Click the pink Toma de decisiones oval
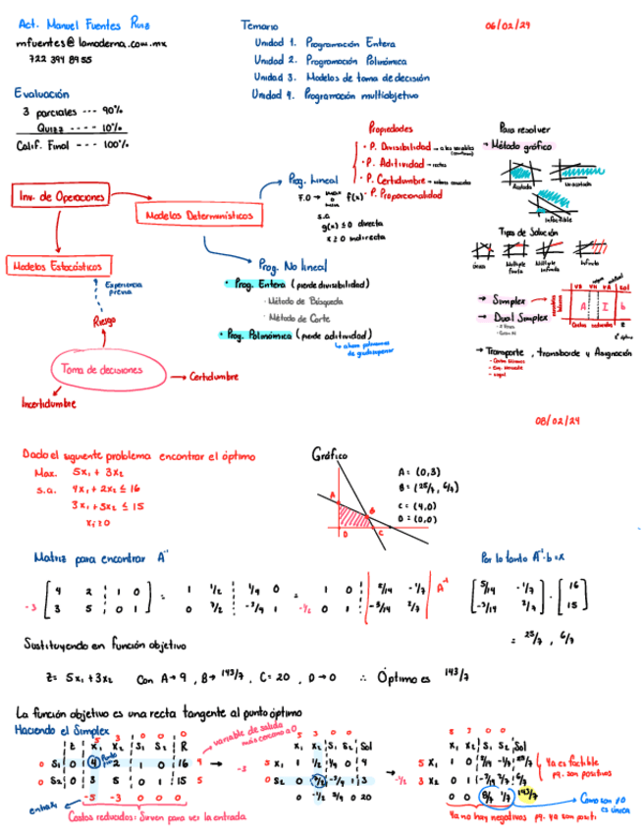[x=101, y=370]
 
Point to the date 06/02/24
[x=508, y=26]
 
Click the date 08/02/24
[x=558, y=421]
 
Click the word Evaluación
[x=41, y=94]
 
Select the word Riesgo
[x=104, y=320]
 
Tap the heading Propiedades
[x=390, y=129]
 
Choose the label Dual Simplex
[x=519, y=318]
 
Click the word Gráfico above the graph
[x=330, y=454]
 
